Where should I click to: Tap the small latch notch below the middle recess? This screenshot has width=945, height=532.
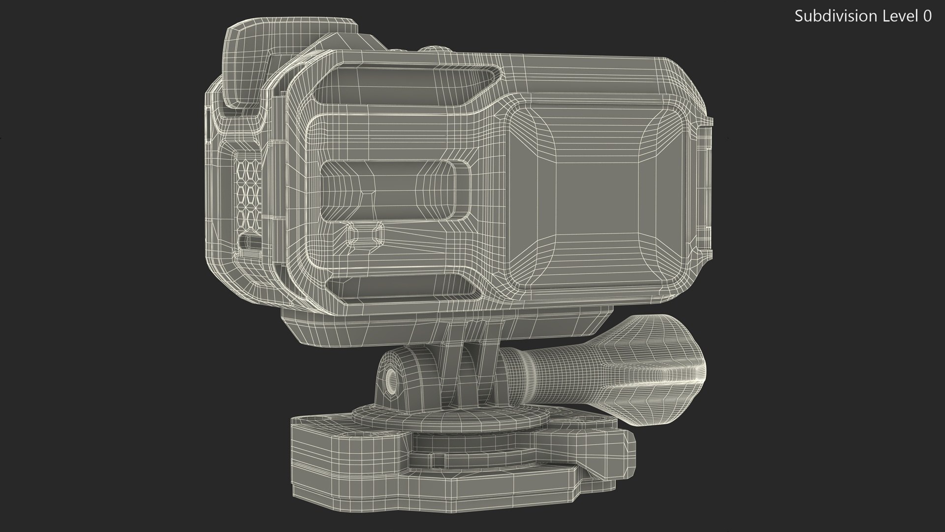tap(366, 235)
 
